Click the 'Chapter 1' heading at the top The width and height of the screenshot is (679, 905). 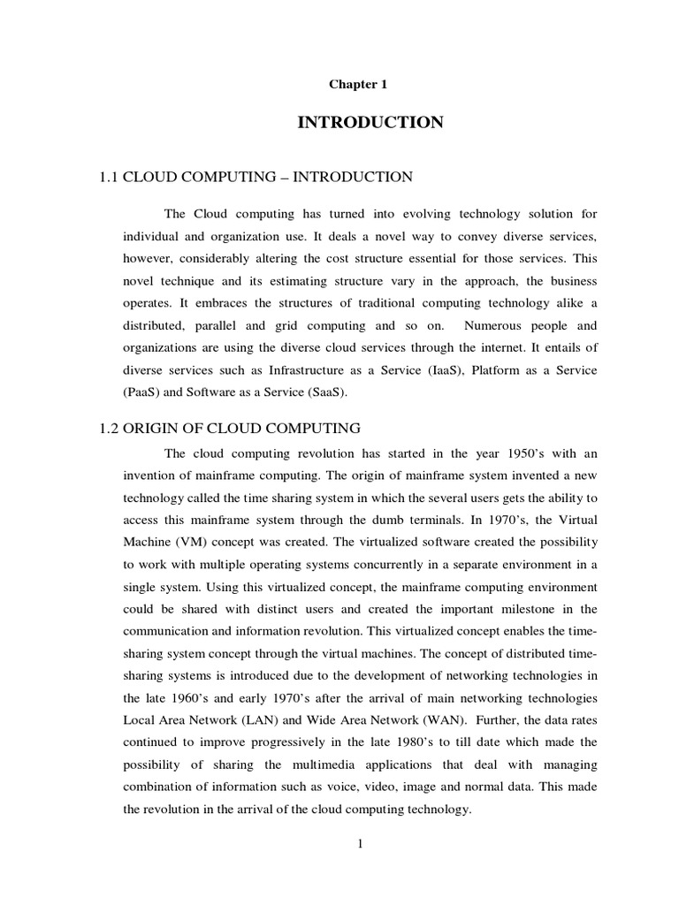[358, 85]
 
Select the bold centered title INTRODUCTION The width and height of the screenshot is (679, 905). [370, 123]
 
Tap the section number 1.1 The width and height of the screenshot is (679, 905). [109, 178]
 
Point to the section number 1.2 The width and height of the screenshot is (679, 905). [109, 429]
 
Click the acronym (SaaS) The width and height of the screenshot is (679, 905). [315, 392]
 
